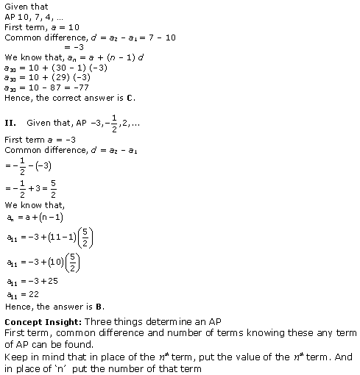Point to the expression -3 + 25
(x=46, y=283)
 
